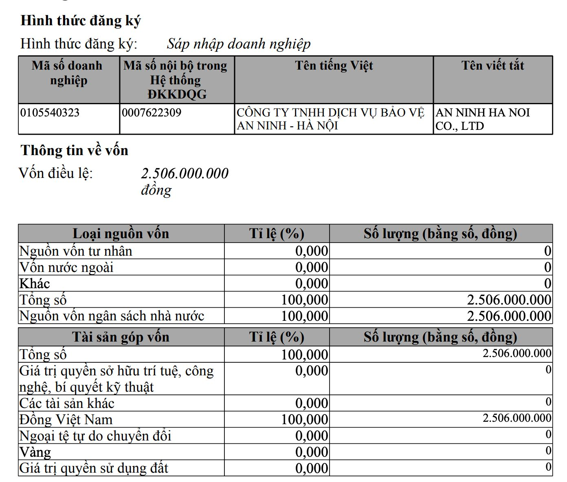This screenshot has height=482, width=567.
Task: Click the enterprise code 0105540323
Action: coord(50,113)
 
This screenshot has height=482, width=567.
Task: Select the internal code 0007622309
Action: coord(152,113)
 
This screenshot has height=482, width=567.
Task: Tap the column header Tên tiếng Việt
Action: coord(334,66)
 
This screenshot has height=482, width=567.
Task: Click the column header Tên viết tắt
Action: coord(492,66)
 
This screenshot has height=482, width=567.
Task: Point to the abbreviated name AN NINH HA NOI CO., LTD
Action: coord(483,119)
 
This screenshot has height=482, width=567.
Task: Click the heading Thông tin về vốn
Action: coord(75,151)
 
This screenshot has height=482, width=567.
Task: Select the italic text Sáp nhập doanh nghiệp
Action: coord(239,44)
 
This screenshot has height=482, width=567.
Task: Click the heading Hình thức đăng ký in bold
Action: coord(81,21)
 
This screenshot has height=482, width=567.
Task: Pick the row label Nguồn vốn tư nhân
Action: coord(76,251)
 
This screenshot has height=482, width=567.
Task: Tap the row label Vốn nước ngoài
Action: coord(66,267)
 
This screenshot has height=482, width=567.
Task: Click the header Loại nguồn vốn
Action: coord(121,234)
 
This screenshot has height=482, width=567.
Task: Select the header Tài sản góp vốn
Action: coord(121,337)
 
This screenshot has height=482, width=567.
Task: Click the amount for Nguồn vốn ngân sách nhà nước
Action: coord(509,316)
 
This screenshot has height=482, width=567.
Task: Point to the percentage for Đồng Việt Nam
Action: coord(304,420)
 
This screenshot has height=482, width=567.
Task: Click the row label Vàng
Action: coord(35,452)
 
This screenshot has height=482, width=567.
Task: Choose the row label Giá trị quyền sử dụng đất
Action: coord(94,469)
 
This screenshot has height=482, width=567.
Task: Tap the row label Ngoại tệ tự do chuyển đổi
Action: coord(95,436)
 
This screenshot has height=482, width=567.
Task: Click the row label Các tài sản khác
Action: coord(67,403)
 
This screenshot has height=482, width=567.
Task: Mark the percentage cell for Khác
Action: coord(311,284)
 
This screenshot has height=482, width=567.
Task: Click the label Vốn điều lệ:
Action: coord(56,173)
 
